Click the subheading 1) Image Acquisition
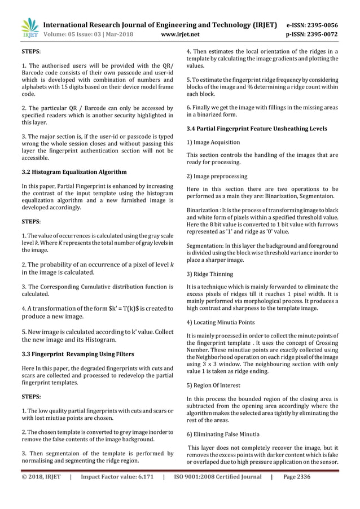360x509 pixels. point(213,142)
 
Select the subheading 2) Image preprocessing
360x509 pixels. point(216,176)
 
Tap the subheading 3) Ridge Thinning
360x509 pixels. point(209,274)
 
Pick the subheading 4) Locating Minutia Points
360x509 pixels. point(221,323)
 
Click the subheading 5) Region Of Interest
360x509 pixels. point(216,385)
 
